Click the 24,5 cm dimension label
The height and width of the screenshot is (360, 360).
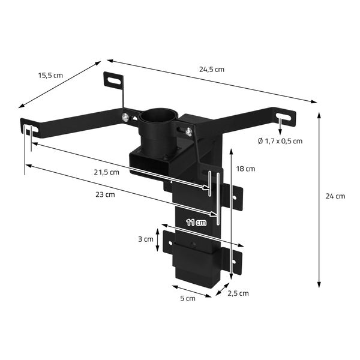coord(212,69)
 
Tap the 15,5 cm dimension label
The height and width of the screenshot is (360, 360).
coord(50,76)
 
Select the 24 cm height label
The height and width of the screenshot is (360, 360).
coord(335,196)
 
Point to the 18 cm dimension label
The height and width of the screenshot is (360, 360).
coord(245,169)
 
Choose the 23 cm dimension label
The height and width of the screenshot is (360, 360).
coord(106,194)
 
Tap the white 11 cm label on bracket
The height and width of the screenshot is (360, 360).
coord(196,223)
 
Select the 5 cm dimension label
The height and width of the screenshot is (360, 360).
coord(188,298)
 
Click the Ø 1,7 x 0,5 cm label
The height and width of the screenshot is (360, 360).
coord(279,141)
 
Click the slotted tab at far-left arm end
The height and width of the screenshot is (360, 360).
coord(30,127)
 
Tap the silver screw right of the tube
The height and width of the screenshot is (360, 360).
coord(189,131)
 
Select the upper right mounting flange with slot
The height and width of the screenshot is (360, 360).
coord(235,198)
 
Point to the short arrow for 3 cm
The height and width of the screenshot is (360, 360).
coord(158,239)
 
